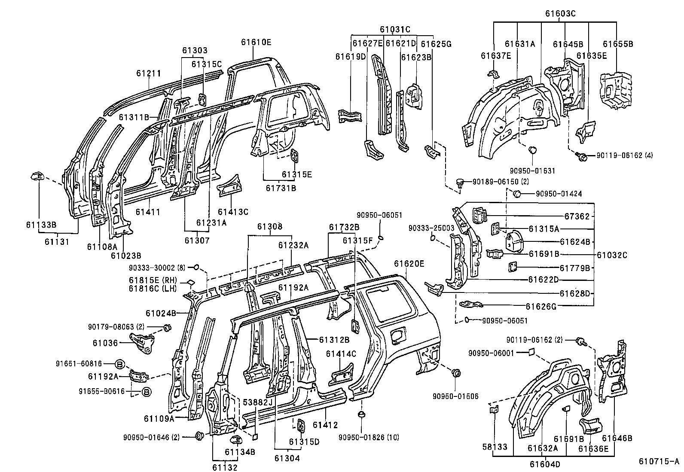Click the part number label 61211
149,73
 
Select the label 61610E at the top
256,42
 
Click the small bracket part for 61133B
37,176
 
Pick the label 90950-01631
533,171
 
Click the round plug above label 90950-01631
532,150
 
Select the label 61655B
617,44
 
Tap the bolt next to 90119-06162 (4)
583,157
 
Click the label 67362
577,216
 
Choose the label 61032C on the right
612,255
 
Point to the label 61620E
409,264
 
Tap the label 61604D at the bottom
544,464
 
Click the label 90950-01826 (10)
369,437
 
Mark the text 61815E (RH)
153,280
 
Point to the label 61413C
233,212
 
